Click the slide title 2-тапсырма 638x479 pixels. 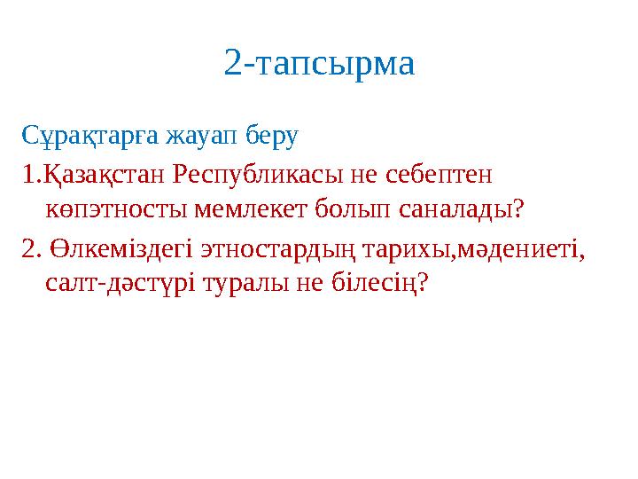[x=319, y=64]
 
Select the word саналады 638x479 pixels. [x=458, y=210]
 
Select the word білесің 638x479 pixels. [x=372, y=283]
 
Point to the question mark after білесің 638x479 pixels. [x=423, y=283]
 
